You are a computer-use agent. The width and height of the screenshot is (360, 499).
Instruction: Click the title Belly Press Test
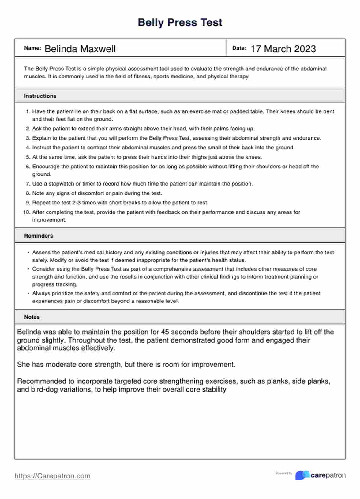[180, 22]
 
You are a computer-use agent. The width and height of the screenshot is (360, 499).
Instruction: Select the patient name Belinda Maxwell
[80, 49]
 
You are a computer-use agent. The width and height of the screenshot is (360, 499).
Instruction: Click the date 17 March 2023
[283, 49]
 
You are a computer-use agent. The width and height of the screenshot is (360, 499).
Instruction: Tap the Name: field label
[32, 48]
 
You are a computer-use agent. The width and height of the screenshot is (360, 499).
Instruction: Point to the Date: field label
[239, 48]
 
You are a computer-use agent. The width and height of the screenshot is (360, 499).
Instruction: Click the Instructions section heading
[40, 96]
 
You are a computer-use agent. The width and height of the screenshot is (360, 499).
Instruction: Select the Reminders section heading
[39, 236]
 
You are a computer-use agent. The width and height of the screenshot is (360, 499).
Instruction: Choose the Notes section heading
[32, 317]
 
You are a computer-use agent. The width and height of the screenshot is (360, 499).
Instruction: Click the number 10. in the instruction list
[27, 212]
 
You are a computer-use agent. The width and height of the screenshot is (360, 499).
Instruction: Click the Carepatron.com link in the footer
[52, 476]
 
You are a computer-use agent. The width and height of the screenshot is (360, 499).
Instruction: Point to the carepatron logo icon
[302, 475]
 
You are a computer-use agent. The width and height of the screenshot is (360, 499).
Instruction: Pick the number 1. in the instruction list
[28, 111]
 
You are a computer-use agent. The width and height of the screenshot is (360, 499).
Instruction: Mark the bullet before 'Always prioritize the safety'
[28, 293]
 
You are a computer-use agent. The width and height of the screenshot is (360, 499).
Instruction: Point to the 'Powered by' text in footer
[284, 473]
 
